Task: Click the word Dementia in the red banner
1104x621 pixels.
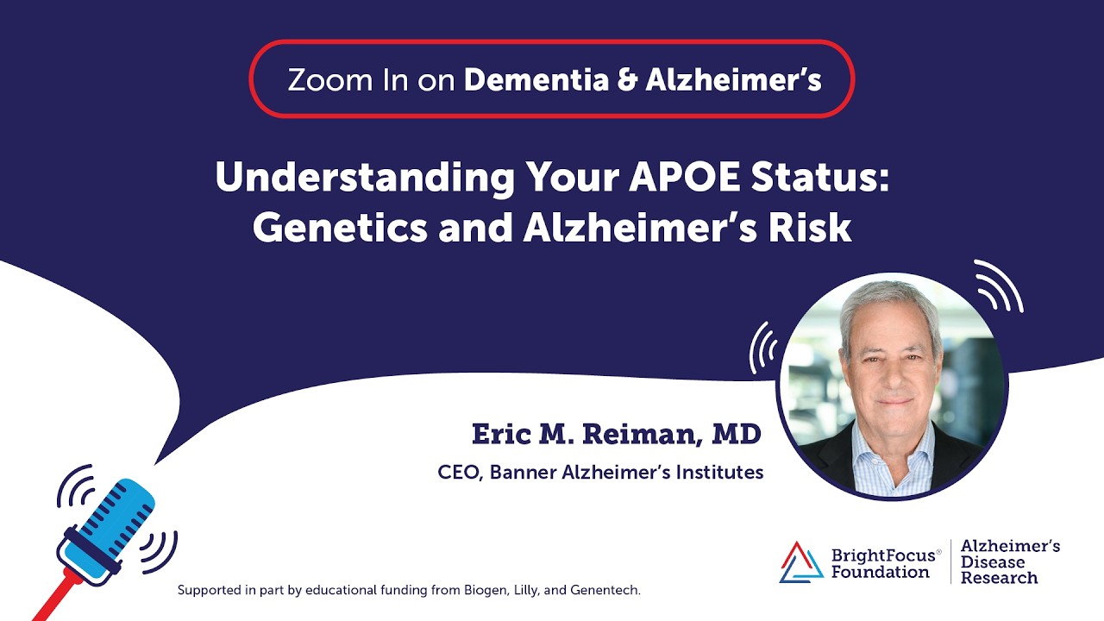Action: click(x=525, y=80)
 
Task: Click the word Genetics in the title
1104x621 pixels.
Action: click(x=319, y=228)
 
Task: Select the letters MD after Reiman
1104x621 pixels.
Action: click(x=736, y=434)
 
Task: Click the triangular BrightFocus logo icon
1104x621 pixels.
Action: click(x=800, y=561)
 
